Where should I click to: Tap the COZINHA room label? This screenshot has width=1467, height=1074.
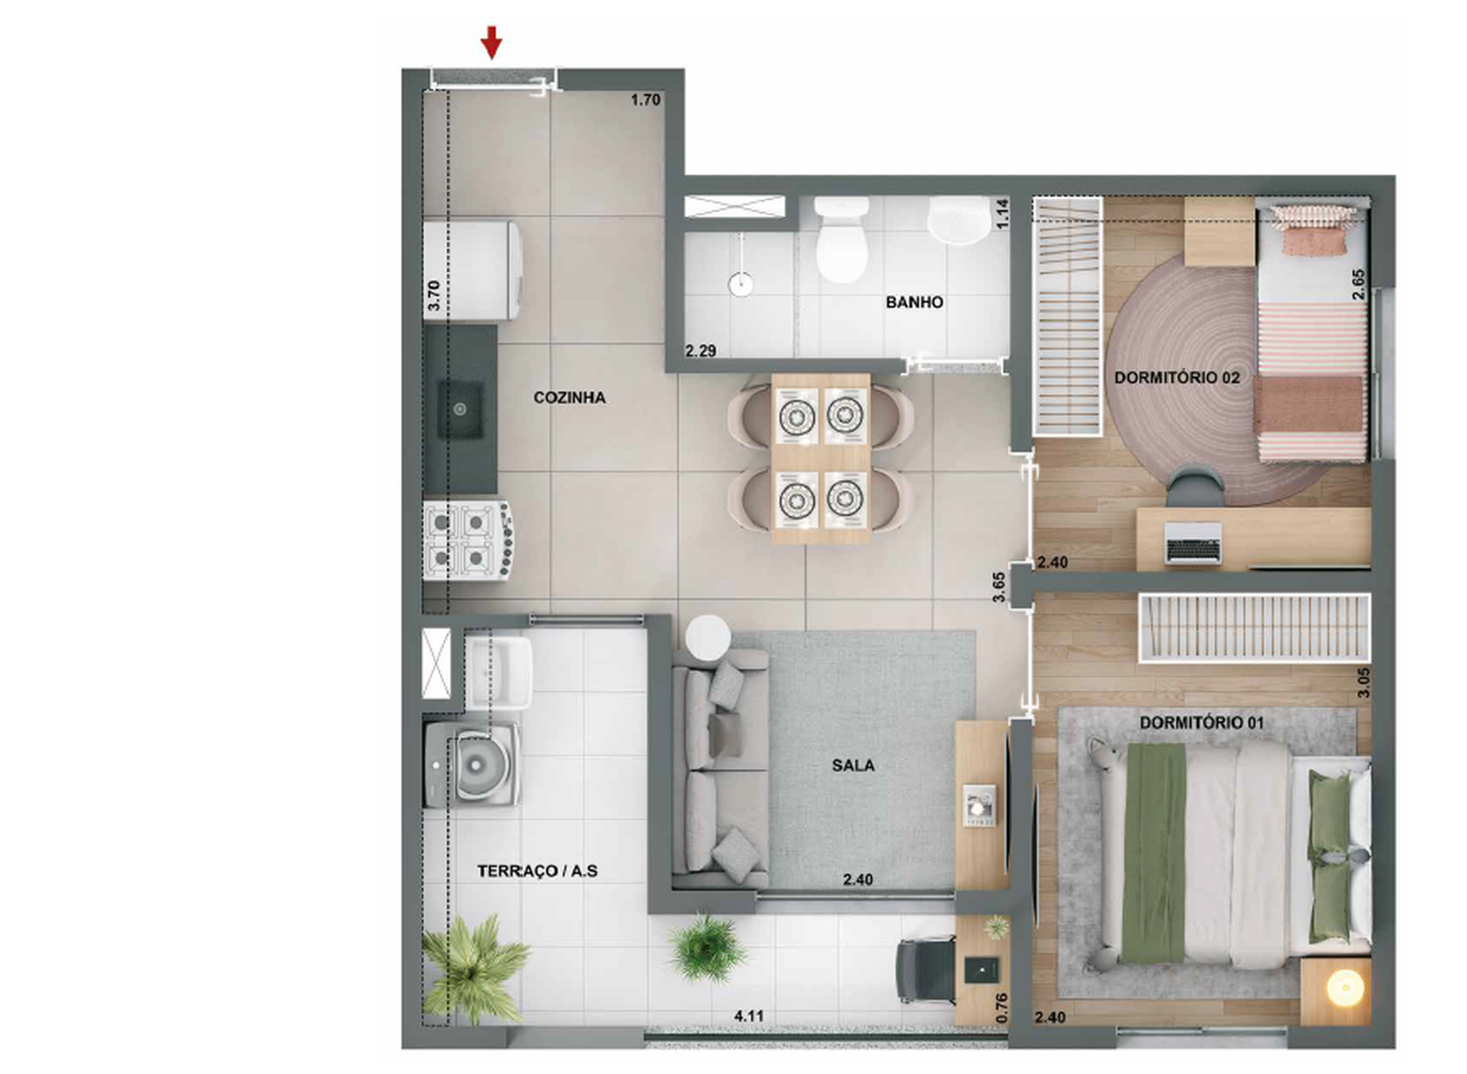569,398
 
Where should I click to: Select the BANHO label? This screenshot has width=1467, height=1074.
914,302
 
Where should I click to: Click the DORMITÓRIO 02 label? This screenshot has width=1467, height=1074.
1177,378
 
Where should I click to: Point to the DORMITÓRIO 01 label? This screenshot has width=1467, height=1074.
1201,722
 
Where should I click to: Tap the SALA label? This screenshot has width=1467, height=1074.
853,766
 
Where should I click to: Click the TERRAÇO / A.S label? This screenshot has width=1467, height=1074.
537,871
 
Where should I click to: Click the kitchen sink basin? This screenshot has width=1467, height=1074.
460,409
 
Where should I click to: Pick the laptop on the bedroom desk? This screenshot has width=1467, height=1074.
1193,542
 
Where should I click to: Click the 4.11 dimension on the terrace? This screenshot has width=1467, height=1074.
749,1015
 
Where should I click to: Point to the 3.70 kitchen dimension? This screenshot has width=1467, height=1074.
434,295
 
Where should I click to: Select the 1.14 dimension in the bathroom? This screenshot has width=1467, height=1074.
1002,213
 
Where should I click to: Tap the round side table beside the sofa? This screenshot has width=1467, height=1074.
708,637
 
